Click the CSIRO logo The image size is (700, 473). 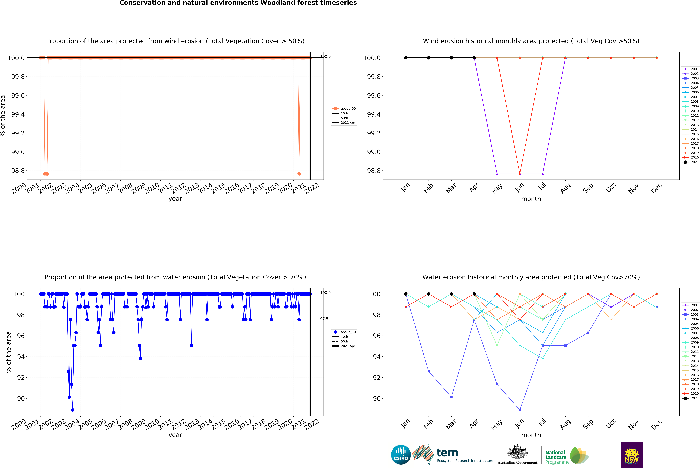point(401,455)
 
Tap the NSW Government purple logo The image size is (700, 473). point(632,455)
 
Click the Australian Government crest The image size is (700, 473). point(517,452)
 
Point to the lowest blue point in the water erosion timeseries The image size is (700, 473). point(73,410)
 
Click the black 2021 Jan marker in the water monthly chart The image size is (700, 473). point(406,294)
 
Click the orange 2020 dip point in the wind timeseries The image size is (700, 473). point(299,174)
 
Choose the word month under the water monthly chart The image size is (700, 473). point(531,435)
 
